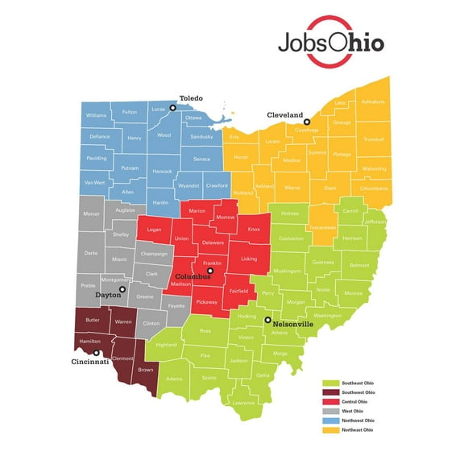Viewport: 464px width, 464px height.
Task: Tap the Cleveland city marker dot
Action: (x=307, y=122)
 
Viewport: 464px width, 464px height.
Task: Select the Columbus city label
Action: (x=193, y=276)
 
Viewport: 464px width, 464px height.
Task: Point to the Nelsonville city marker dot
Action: (x=267, y=320)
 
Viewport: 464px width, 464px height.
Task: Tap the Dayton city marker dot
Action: (x=122, y=289)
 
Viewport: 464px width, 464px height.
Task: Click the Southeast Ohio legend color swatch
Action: (x=329, y=383)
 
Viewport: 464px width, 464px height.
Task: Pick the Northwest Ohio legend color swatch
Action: (x=329, y=420)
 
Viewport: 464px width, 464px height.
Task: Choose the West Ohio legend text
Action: (x=353, y=411)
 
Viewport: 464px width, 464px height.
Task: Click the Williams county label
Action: (x=96, y=116)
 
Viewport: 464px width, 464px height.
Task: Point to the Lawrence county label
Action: (x=242, y=402)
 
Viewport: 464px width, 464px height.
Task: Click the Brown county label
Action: (x=146, y=370)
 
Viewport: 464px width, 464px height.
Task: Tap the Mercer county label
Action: (x=92, y=213)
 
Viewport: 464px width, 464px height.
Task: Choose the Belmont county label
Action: (x=358, y=264)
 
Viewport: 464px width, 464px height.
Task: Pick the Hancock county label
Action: (x=162, y=172)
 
